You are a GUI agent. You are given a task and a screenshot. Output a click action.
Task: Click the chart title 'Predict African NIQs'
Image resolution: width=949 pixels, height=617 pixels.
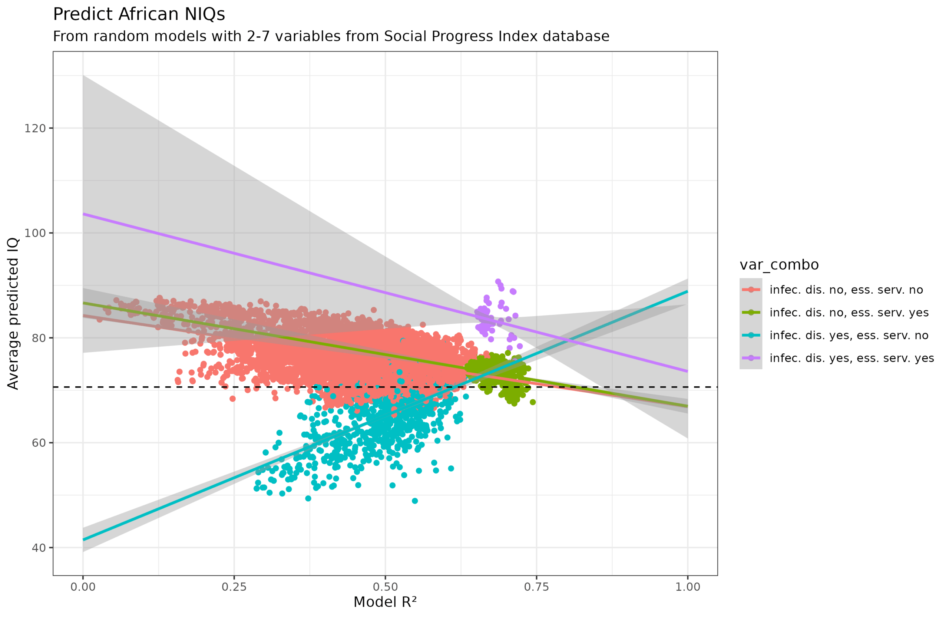[139, 14]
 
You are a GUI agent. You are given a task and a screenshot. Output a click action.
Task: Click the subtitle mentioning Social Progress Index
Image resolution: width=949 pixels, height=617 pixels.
[331, 36]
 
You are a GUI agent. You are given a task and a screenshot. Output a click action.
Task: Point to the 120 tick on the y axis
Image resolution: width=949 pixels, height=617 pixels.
[35, 128]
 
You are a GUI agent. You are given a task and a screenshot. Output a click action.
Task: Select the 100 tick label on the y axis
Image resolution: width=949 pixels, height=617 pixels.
[35, 233]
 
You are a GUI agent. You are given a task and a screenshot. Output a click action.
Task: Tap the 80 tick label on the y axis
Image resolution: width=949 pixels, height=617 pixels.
[39, 338]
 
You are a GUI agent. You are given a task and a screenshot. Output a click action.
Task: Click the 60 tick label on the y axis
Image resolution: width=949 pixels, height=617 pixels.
[39, 443]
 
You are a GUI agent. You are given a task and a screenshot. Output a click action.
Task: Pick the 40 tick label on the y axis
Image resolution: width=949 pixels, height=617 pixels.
[39, 548]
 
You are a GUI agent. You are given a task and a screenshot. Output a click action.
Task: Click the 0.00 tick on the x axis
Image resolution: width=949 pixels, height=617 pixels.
[83, 587]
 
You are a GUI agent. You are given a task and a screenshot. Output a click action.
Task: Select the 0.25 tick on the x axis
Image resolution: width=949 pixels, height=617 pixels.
[234, 587]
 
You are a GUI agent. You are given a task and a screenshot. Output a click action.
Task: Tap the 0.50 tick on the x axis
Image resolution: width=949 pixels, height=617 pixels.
[385, 587]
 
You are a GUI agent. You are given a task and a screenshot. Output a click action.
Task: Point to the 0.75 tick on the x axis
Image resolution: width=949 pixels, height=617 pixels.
[536, 587]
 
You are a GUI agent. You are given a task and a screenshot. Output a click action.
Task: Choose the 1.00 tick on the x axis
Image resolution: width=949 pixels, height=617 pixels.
[687, 587]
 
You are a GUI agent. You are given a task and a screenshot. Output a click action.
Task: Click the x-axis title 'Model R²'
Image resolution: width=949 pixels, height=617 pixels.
[385, 602]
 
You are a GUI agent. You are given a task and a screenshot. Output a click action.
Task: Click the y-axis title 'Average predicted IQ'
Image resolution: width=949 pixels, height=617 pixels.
[13, 313]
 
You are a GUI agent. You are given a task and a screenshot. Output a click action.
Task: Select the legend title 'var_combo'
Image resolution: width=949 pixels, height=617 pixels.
[779, 265]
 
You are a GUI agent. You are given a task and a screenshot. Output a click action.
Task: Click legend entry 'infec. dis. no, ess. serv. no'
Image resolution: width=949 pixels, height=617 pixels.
[846, 290]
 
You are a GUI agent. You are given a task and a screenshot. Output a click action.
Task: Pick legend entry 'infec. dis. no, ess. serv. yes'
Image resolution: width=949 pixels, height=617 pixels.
[849, 313]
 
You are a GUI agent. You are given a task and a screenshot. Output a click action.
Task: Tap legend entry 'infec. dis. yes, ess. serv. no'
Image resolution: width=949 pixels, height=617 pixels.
[849, 336]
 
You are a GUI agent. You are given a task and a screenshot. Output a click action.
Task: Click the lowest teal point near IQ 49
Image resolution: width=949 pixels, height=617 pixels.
[415, 501]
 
